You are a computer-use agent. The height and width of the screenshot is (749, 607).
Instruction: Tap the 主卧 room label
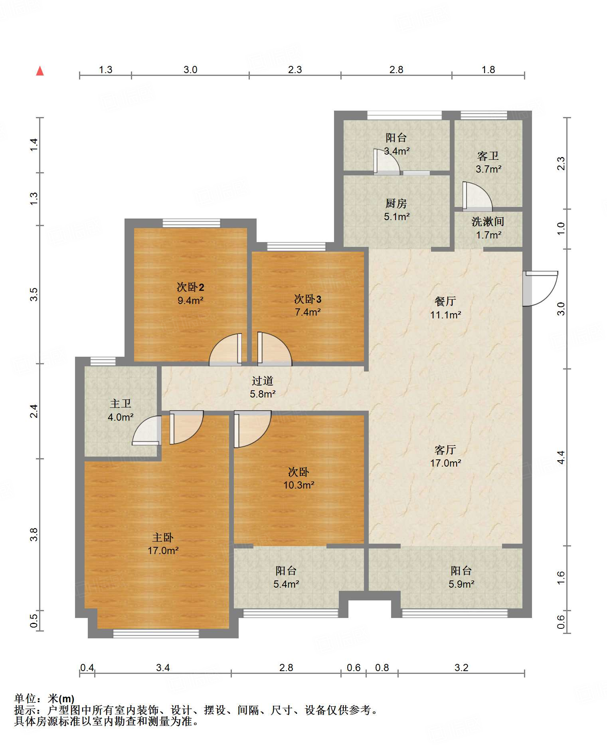point(163,537)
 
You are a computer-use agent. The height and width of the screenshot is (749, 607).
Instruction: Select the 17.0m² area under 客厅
point(445,463)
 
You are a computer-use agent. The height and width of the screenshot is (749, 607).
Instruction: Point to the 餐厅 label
point(445,301)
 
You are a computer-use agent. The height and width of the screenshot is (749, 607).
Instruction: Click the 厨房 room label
point(396,203)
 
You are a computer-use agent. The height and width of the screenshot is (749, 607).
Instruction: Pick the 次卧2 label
point(190,287)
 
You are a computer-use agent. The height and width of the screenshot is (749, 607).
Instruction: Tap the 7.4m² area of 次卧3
point(308,312)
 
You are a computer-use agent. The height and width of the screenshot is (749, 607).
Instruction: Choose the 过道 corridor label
point(263,381)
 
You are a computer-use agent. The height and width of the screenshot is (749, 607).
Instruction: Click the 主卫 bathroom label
point(120,403)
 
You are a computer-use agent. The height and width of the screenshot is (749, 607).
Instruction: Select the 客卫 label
point(488,156)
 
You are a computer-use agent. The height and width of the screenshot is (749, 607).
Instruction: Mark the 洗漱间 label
point(488,221)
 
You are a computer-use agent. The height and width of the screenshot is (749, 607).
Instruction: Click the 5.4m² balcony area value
point(286,584)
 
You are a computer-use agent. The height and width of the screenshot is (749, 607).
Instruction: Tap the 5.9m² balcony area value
point(461,584)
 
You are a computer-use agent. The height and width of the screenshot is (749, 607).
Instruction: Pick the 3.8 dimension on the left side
point(34,534)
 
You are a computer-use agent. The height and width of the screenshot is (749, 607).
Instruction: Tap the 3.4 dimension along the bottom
point(163,668)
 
